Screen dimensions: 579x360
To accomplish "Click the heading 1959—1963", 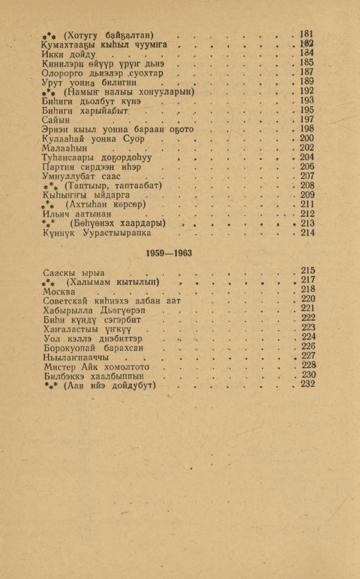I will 169,253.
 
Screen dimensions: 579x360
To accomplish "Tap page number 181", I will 306,34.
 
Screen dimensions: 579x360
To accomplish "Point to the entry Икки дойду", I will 69,55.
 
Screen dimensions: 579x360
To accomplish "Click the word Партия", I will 59,167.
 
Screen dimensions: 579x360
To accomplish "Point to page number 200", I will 306,139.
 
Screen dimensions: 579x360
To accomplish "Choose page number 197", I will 306,120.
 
